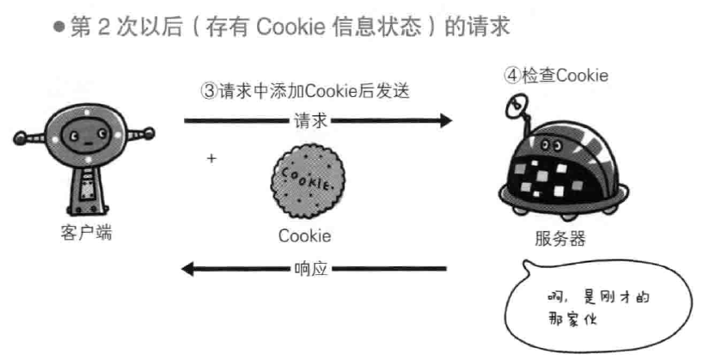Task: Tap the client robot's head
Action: [84, 136]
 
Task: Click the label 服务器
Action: [559, 239]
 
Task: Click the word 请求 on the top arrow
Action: [310, 121]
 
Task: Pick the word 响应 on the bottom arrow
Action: [310, 270]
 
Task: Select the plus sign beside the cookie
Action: [211, 159]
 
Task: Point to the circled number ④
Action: [512, 76]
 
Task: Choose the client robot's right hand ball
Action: [150, 134]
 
